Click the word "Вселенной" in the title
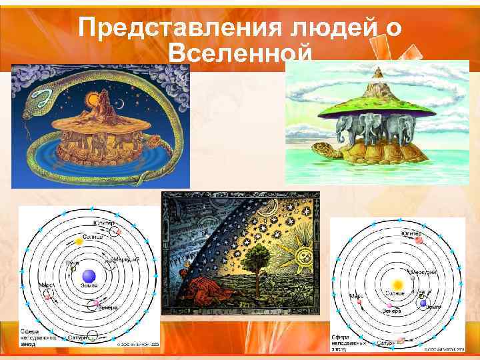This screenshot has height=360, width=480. [x=240, y=54]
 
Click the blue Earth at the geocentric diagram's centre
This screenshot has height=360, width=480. [x=88, y=276]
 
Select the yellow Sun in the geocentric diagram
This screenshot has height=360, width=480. [x=79, y=240]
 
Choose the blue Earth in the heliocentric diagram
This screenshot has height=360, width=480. [x=422, y=303]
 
